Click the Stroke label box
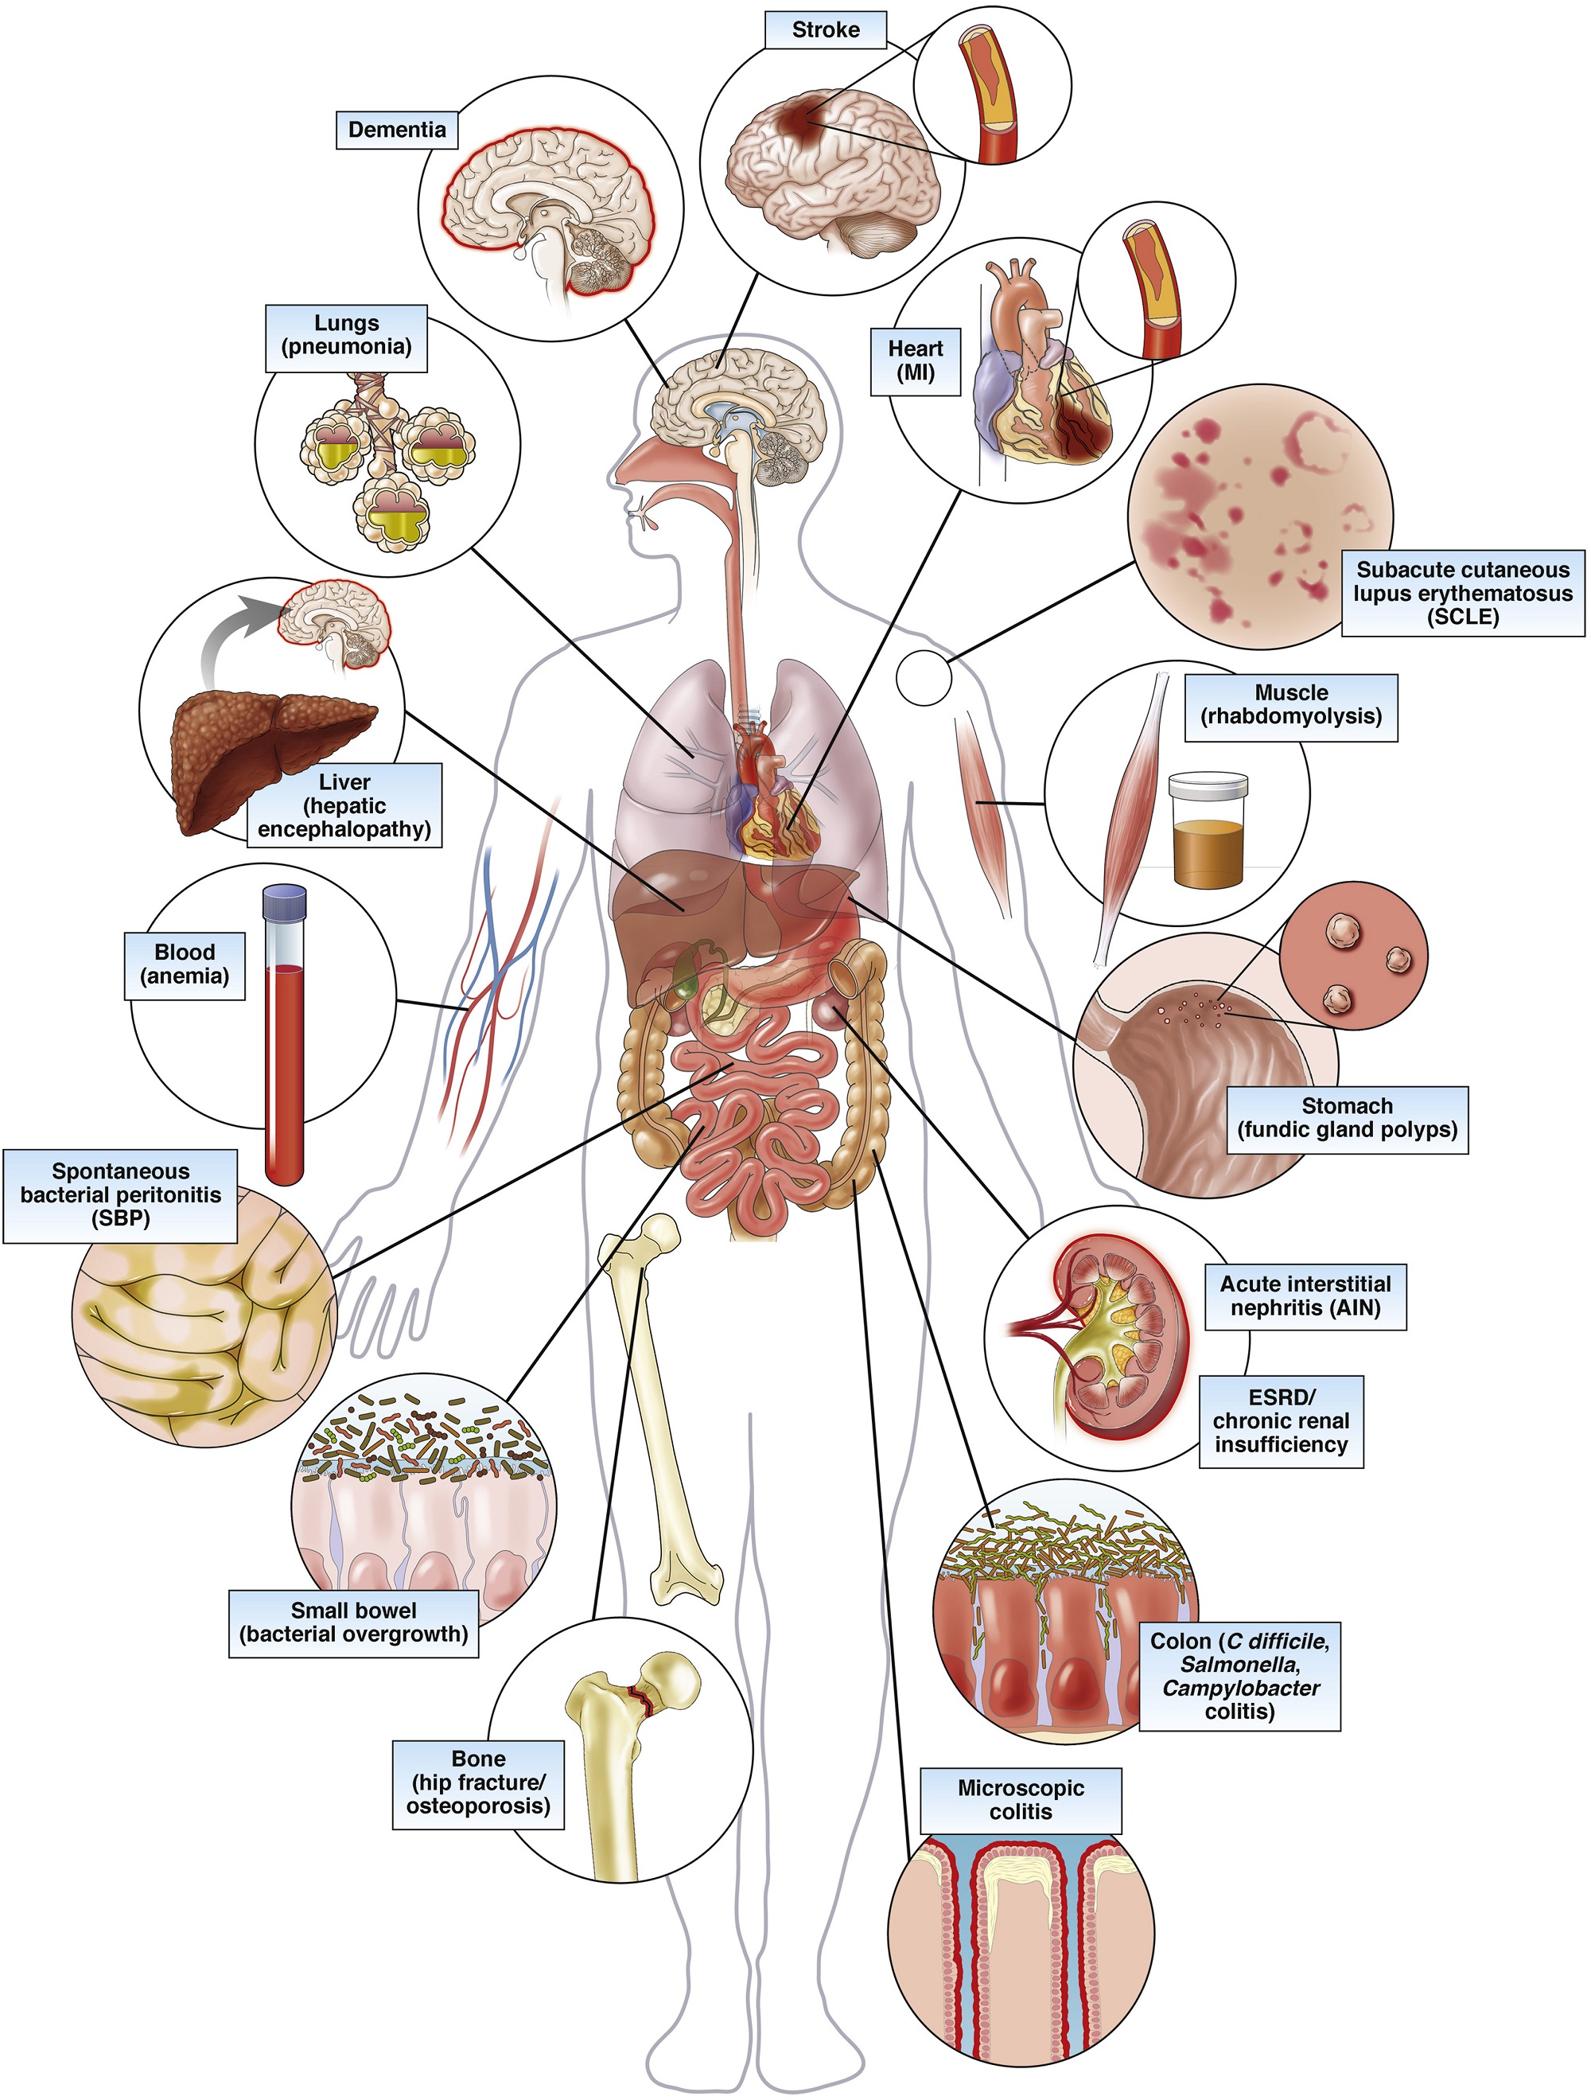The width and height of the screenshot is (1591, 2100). click(x=825, y=29)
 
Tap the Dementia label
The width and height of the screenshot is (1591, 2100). click(x=397, y=130)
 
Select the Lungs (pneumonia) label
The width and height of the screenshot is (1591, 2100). click(x=347, y=337)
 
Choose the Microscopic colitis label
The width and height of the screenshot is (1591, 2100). click(x=1021, y=1800)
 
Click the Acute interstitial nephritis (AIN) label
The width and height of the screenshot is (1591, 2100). click(x=1305, y=1295)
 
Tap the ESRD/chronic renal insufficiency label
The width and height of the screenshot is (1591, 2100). click(x=1281, y=1421)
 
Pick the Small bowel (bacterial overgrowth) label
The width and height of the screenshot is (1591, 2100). click(x=353, y=1623)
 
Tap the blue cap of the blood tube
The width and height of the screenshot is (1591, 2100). click(x=285, y=902)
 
